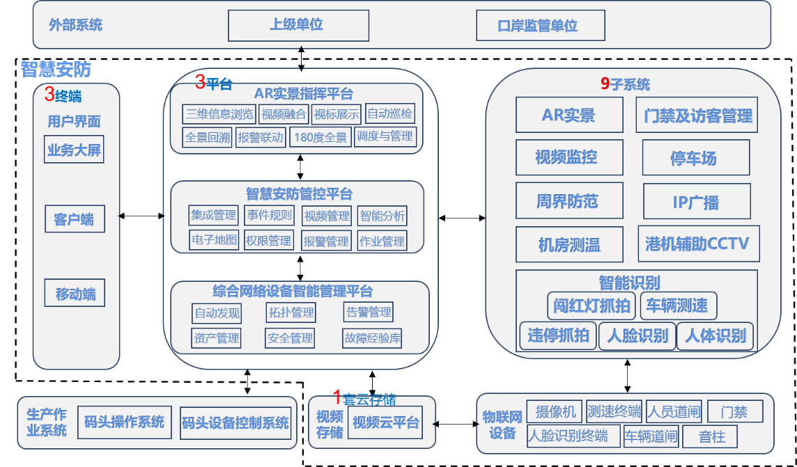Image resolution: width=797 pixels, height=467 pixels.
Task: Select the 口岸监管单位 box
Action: [540, 26]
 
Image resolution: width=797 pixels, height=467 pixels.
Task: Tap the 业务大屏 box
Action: [74, 150]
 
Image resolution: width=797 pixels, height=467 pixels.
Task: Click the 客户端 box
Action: [74, 220]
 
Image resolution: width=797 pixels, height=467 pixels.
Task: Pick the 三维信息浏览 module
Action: [219, 114]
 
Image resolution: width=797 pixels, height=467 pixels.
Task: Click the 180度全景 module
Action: [320, 137]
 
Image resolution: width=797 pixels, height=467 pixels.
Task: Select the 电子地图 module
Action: [215, 240]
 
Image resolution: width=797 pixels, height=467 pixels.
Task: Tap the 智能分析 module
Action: [382, 216]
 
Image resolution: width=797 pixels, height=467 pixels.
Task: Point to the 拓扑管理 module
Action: [291, 312]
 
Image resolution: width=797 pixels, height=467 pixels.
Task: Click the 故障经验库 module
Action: [372, 338]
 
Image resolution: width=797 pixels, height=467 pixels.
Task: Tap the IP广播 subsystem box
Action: [697, 202]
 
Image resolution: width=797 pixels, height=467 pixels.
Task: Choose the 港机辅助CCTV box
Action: [697, 244]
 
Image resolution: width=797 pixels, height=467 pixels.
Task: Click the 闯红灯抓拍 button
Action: [592, 305]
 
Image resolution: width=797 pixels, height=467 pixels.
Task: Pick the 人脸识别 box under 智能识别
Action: [637, 336]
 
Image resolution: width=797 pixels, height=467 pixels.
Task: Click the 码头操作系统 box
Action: [124, 422]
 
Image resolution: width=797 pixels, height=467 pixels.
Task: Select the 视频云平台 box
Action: [386, 422]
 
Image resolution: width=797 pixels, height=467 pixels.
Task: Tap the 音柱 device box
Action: [709, 436]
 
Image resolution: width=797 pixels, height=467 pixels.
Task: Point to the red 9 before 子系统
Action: [605, 84]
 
